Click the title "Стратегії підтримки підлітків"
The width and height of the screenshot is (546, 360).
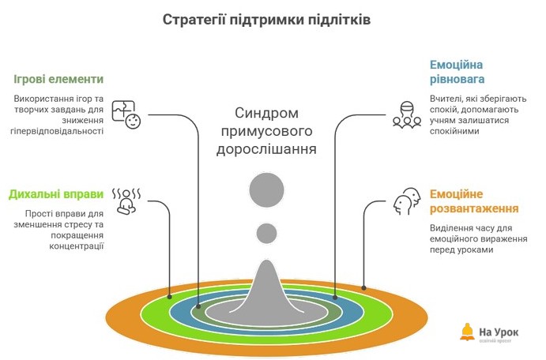point(266,20)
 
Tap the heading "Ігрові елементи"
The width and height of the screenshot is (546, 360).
point(58,80)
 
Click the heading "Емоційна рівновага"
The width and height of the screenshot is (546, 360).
point(457,72)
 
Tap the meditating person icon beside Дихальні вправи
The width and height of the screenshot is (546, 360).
point(126,201)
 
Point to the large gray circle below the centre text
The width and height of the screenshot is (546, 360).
point(266,189)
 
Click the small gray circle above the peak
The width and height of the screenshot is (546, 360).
point(266,233)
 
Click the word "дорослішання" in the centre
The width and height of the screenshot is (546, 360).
point(266,148)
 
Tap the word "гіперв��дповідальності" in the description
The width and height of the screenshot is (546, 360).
point(58,131)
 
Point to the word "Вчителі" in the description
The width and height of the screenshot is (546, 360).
point(446,99)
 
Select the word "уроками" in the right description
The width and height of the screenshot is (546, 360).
point(473,249)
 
